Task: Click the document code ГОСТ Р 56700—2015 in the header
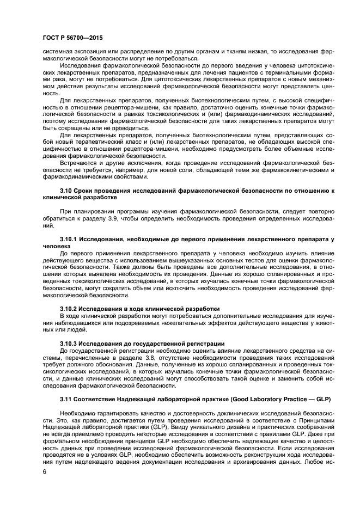point(72,38)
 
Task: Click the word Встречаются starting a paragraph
point(78,163)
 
